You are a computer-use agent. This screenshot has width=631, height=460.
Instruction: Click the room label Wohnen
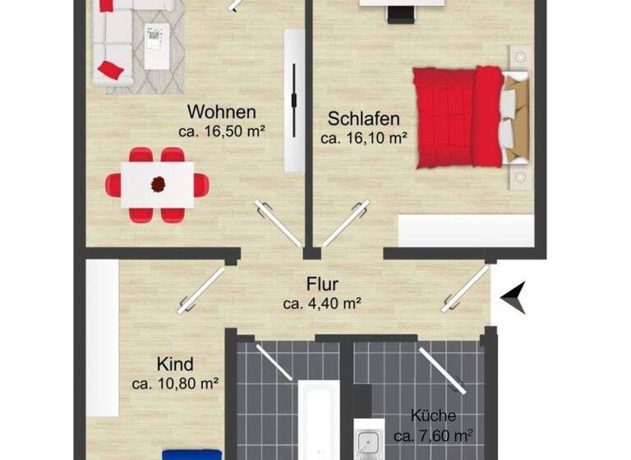[222, 113]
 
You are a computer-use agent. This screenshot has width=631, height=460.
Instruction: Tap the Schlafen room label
[364, 119]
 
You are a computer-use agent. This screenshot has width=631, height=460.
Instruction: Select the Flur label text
[323, 285]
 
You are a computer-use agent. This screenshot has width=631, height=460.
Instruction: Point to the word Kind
[175, 364]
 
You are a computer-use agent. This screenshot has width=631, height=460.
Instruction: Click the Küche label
[433, 416]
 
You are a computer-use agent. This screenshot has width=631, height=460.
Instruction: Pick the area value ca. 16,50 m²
[222, 131]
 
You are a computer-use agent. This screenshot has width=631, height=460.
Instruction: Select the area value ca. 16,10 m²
[364, 139]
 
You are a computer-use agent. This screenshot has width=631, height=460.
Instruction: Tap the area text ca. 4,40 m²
[323, 304]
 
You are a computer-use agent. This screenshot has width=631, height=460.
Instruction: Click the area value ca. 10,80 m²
[175, 383]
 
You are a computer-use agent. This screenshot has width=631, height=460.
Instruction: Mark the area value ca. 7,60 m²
[433, 435]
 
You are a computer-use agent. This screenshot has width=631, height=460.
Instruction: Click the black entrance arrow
[514, 297]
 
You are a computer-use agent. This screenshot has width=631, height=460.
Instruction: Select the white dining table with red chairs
[157, 185]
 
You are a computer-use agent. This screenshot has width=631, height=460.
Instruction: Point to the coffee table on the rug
[154, 48]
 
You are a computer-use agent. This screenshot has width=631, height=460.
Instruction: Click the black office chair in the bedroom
[401, 14]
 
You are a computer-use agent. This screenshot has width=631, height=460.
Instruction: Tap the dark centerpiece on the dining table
[157, 184]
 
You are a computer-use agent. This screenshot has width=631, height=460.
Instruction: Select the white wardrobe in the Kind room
[102, 337]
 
